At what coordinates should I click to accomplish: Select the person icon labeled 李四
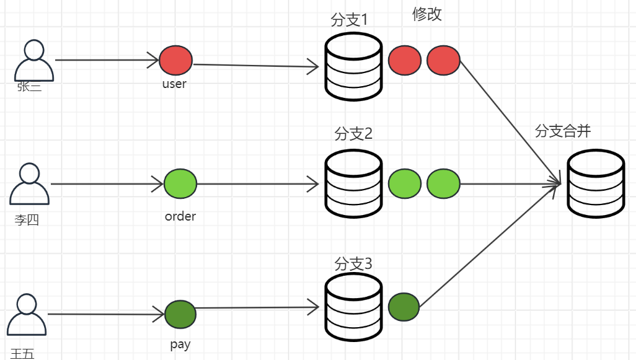29,184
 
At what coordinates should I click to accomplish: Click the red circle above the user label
176,61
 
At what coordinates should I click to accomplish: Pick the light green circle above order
180,184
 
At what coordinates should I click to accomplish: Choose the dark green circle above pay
180,314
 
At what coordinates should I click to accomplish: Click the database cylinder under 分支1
353,66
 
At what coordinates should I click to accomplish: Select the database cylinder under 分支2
353,184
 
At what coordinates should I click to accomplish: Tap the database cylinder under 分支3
353,308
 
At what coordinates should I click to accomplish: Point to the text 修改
427,15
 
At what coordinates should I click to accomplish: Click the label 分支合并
562,131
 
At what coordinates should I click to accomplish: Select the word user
174,84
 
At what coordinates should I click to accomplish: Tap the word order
180,216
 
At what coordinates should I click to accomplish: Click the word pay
180,345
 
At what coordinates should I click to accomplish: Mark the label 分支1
350,20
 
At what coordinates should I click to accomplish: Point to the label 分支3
353,263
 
